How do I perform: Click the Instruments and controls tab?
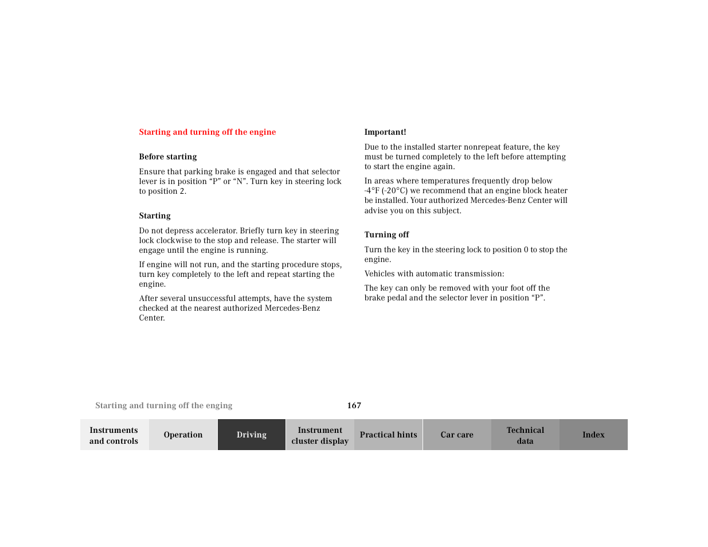[114, 435]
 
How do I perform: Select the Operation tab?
[183, 435]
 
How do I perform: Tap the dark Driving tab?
[252, 435]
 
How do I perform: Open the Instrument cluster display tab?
[320, 435]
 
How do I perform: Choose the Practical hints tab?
[388, 435]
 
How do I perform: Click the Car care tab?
[457, 435]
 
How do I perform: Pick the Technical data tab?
[525, 435]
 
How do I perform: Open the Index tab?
[593, 435]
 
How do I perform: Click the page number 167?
[354, 405]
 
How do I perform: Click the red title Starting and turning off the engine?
[208, 132]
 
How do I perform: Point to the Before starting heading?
[168, 157]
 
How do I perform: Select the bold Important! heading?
[385, 132]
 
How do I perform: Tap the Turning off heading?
[387, 235]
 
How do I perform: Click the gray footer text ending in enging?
[164, 405]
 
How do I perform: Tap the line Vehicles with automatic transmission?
[435, 274]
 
